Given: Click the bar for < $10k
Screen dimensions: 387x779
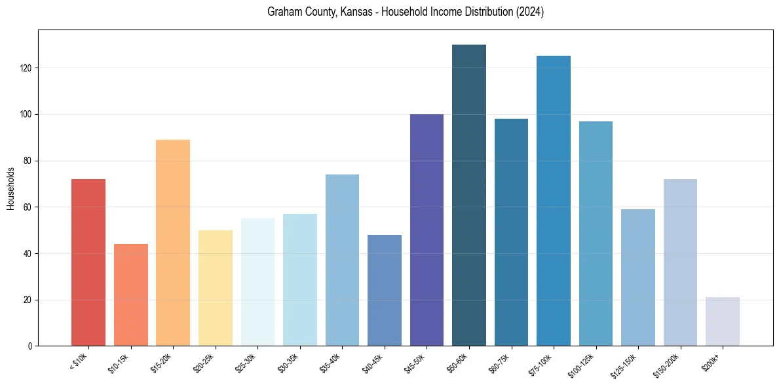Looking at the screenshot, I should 88,262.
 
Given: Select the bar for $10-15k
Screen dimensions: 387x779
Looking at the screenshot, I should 131,295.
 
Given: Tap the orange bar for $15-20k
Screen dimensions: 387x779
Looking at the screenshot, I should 173,243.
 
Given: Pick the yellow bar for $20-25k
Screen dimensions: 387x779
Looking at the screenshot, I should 216,288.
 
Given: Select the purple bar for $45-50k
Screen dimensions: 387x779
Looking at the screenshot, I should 427,230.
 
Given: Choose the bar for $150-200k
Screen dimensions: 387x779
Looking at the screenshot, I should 680,262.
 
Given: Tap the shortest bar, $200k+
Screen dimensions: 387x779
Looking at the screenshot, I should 723,321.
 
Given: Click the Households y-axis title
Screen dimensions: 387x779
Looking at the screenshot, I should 10,188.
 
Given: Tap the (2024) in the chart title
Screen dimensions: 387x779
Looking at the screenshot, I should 529,12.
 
